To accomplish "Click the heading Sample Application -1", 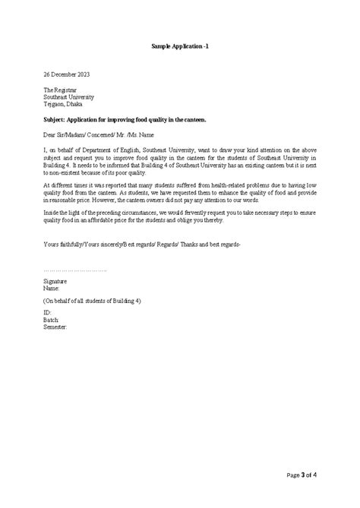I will (179, 46).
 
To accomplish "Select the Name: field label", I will (52, 288).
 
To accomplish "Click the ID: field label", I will (48, 313).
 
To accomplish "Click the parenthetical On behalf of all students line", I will (92, 301).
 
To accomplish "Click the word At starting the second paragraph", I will (46, 185).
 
